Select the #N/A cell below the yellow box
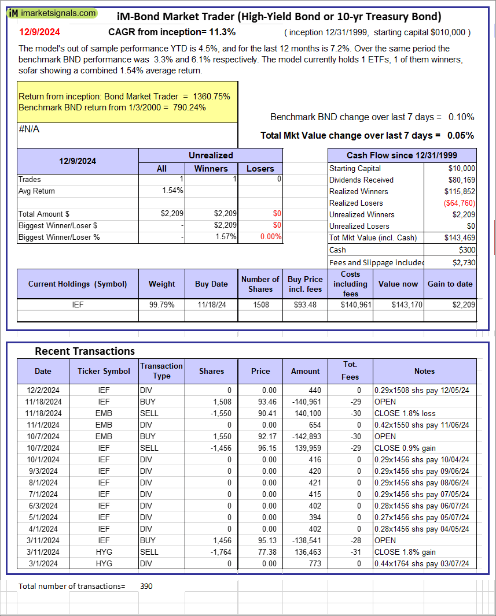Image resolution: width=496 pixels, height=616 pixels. pyautogui.click(x=29, y=129)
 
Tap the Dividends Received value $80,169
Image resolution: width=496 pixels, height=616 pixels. pyautogui.click(x=460, y=180)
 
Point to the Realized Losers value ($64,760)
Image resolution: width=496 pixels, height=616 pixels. pyautogui.click(x=459, y=203)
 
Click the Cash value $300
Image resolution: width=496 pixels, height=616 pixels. pyautogui.click(x=466, y=250)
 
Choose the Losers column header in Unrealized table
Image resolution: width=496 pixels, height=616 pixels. pyautogui.click(x=260, y=168)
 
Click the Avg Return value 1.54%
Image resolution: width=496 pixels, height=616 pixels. pyautogui.click(x=173, y=191)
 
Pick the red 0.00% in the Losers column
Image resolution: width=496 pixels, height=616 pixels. pyautogui.click(x=270, y=236)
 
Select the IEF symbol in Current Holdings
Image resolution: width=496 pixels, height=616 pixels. pyautogui.click(x=78, y=305)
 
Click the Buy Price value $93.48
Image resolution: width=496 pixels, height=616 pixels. pyautogui.click(x=305, y=305)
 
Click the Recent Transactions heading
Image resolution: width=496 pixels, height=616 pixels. pyautogui.click(x=84, y=351)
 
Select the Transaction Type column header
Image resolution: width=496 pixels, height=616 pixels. pyautogui.click(x=161, y=371)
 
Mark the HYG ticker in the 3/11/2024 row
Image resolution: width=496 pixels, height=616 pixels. pyautogui.click(x=104, y=552)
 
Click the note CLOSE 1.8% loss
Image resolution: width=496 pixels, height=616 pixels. pyautogui.click(x=405, y=413)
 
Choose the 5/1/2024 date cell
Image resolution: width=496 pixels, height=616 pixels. pyautogui.click(x=43, y=517)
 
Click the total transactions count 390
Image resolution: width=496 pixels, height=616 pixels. pyautogui.click(x=146, y=586)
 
